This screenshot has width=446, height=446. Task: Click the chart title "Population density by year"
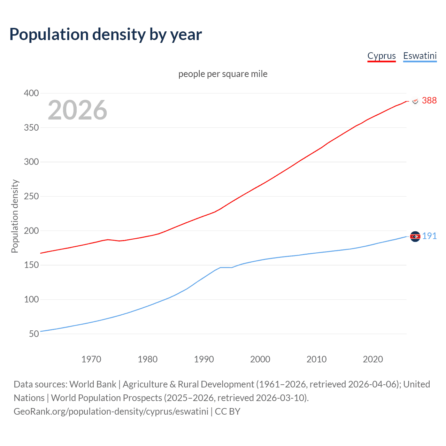(106, 34)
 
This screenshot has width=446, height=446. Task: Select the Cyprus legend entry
(382, 56)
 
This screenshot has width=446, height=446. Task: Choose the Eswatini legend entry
(420, 56)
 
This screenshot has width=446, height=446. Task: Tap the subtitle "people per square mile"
(223, 74)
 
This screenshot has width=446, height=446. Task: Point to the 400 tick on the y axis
(31, 93)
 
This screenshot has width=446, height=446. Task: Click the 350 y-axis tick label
(31, 128)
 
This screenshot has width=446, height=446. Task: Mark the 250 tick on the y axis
(31, 196)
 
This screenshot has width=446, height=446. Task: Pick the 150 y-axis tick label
(31, 265)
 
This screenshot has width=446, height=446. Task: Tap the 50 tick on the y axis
(34, 334)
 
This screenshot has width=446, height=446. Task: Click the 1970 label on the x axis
(91, 359)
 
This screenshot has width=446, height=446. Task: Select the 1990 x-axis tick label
(204, 359)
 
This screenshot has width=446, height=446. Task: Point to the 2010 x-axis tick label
(316, 359)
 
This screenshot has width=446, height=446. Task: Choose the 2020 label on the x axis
(373, 359)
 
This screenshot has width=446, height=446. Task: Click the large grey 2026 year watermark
(77, 110)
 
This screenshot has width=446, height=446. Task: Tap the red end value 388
(429, 100)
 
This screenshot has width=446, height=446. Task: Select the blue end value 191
(429, 236)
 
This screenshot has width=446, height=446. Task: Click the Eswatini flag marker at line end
(415, 237)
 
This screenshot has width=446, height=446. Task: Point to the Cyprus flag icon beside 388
(415, 101)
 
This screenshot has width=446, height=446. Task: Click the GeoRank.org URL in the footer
(111, 412)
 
